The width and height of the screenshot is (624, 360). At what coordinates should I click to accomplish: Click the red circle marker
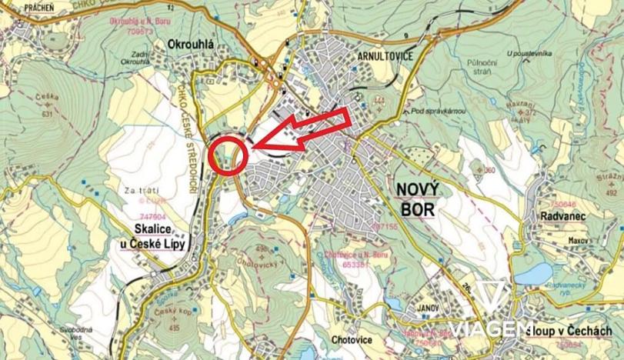[x=229, y=153]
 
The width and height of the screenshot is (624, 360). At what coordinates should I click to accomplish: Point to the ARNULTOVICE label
[x=365, y=57]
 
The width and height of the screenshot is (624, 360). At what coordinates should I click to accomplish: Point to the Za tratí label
[x=138, y=189]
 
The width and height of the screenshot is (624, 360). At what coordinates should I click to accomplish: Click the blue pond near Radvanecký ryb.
[x=533, y=273]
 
